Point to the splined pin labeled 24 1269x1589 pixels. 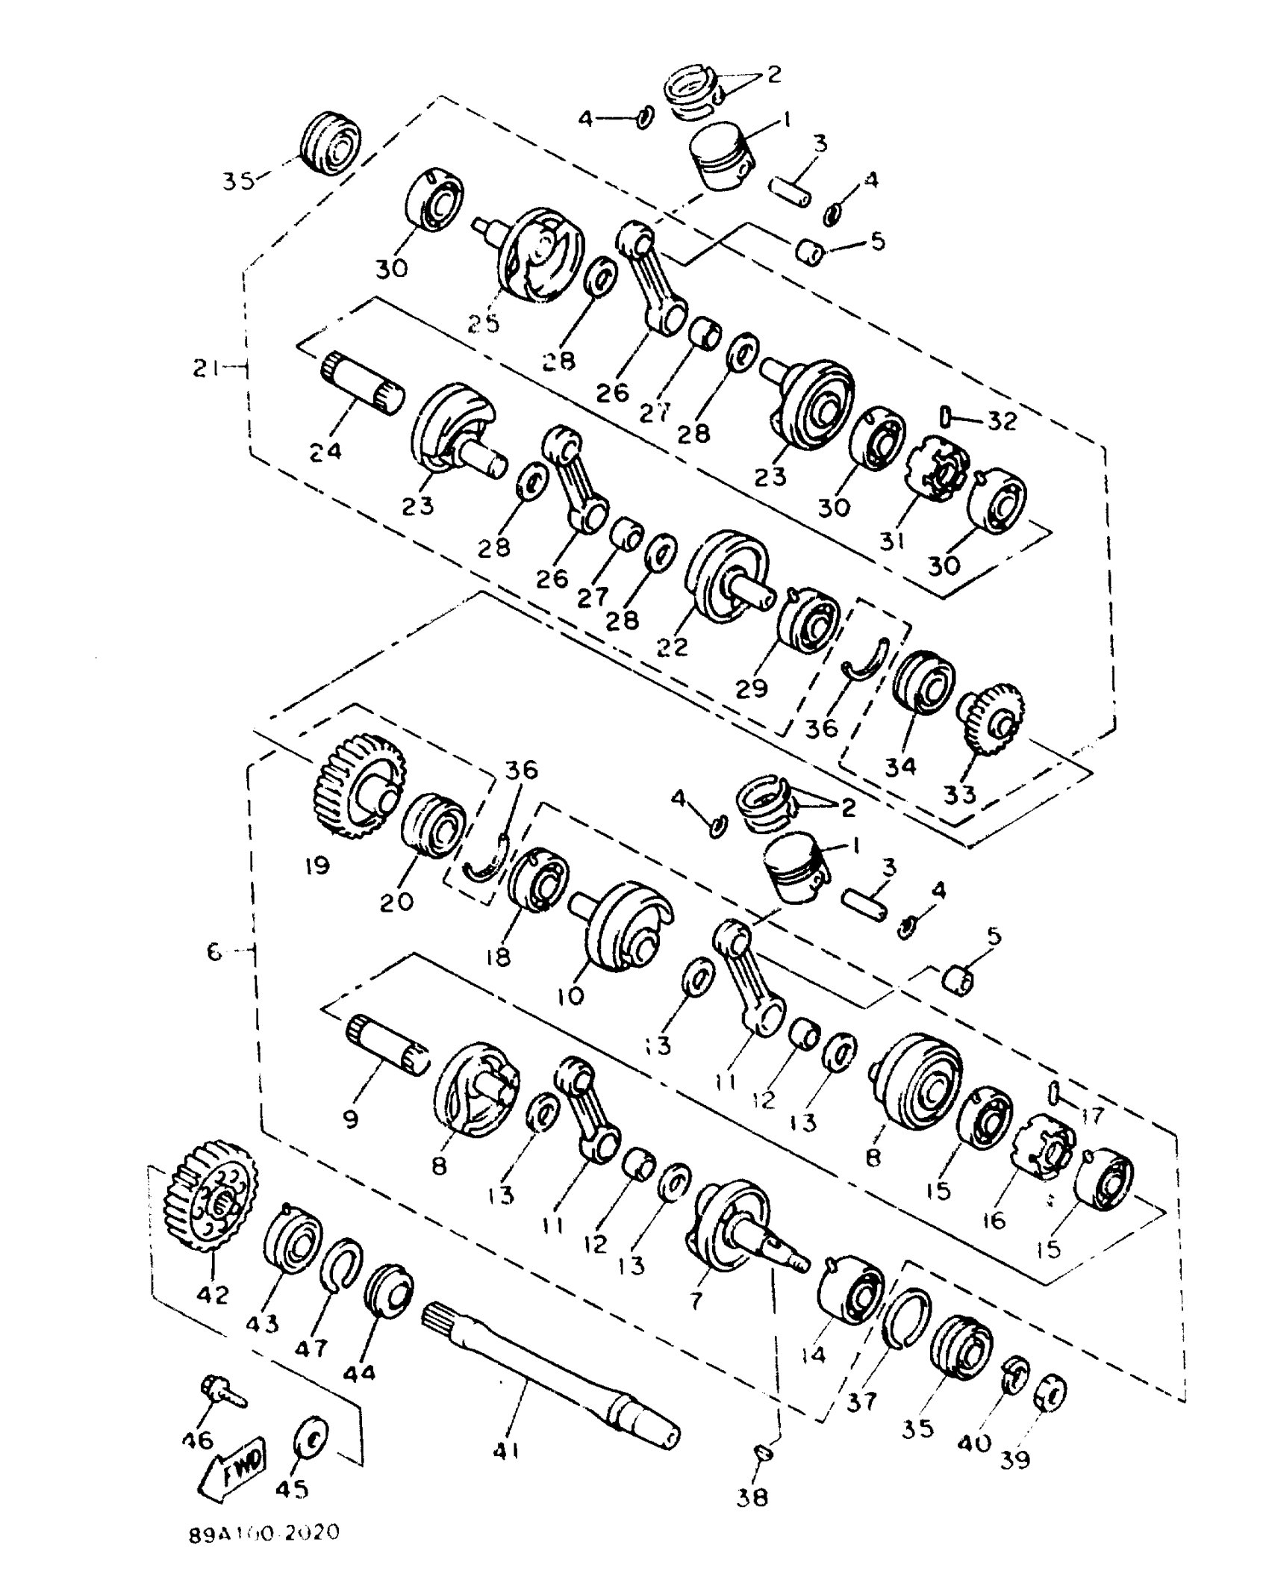point(364,382)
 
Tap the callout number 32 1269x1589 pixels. point(1002,421)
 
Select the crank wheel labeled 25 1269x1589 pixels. point(540,256)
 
